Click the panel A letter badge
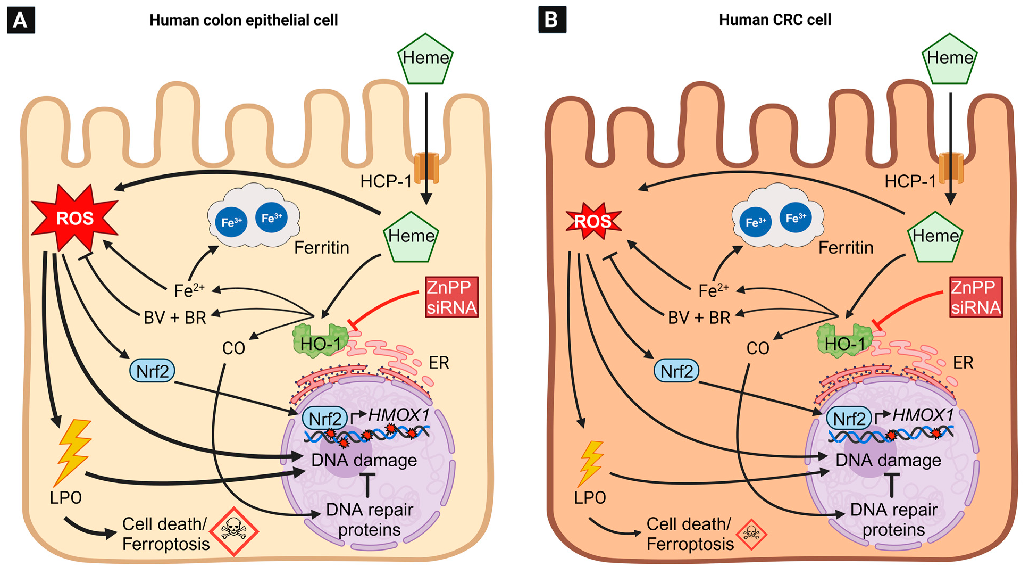pyautogui.click(x=21, y=20)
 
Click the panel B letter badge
pyautogui.click(x=552, y=19)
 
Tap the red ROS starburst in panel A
pyautogui.click(x=74, y=217)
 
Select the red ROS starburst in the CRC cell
pyautogui.click(x=593, y=221)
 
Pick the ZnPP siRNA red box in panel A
pyautogui.click(x=452, y=297)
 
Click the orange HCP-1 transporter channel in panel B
pyautogui.click(x=951, y=168)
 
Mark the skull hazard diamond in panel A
pyautogui.click(x=234, y=531)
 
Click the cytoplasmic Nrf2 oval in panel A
pyautogui.click(x=152, y=371)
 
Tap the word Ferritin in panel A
pyautogui.click(x=321, y=248)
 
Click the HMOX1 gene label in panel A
pyautogui.click(x=399, y=415)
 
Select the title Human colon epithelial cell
pyautogui.click(x=244, y=20)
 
